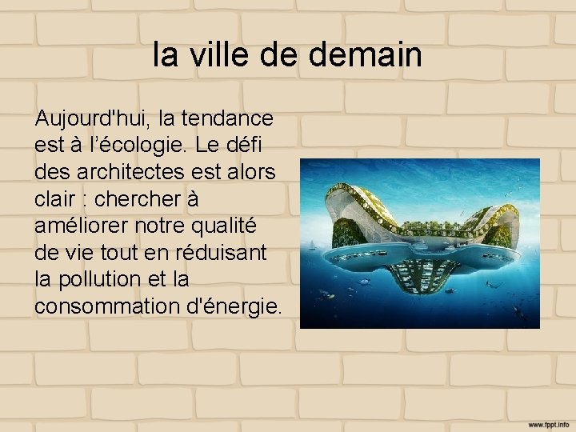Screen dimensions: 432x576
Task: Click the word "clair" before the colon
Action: pos(57,198)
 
